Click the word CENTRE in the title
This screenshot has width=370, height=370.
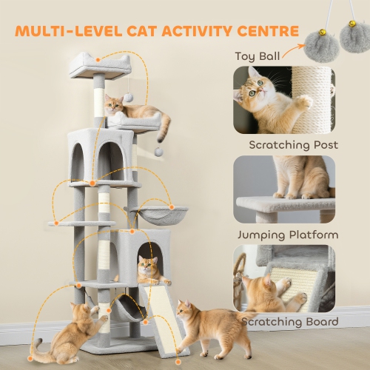click(x=263, y=32)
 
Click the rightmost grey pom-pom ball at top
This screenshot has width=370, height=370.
click(x=352, y=35)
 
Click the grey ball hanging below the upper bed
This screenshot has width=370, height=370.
click(x=158, y=150)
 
